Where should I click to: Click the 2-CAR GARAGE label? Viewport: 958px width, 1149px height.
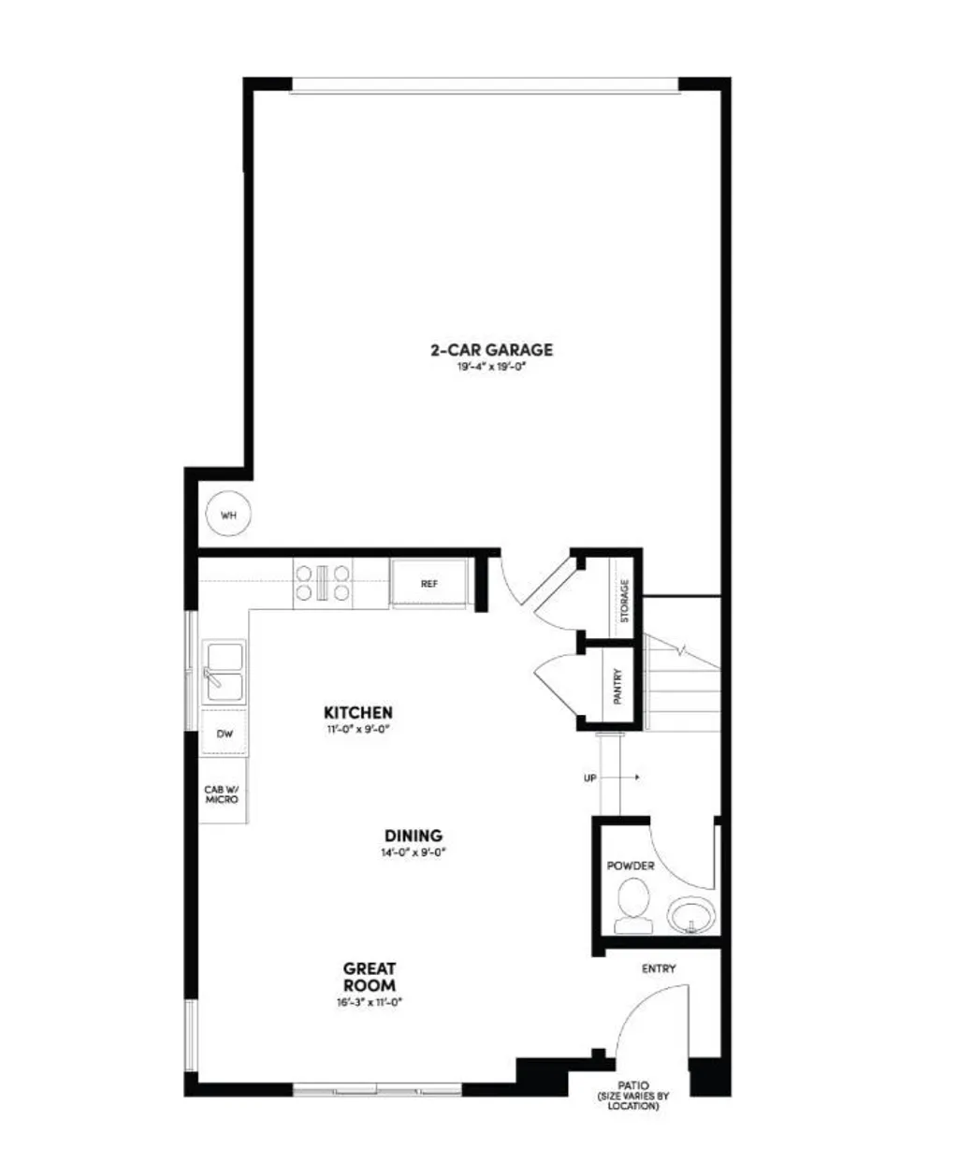[491, 350]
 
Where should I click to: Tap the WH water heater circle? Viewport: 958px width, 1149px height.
[228, 515]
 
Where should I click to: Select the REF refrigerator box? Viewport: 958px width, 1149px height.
[429, 583]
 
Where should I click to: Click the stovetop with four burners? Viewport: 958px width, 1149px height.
[323, 582]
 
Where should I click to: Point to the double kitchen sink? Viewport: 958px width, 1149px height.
[225, 672]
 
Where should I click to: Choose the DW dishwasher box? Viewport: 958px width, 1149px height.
[225, 734]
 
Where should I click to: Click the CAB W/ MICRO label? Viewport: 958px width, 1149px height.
[222, 794]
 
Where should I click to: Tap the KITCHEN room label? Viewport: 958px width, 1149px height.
[358, 713]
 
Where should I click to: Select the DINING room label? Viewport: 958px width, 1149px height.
[413, 836]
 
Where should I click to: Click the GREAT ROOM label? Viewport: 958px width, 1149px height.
[369, 977]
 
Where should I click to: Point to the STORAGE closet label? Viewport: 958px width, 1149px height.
[625, 601]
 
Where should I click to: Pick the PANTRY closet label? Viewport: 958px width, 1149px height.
[618, 687]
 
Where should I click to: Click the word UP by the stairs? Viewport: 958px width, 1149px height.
[590, 778]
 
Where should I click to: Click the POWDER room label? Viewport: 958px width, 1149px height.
[631, 865]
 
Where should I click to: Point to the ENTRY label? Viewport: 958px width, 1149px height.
[658, 969]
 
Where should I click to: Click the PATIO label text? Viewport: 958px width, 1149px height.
[633, 1085]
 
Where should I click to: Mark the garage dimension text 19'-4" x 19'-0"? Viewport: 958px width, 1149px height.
[491, 368]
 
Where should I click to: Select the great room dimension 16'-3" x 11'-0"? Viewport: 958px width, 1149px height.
[369, 1002]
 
